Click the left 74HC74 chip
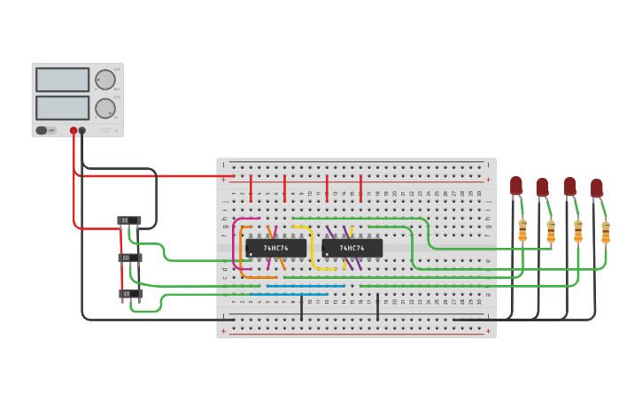[275, 248]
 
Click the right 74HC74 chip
[352, 248]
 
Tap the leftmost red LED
[516, 185]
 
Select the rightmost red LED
[597, 188]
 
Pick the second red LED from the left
[542, 188]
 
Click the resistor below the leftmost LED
[522, 230]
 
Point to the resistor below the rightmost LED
[606, 232]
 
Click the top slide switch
[129, 220]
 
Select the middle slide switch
[130, 258]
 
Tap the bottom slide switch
[130, 294]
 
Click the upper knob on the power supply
[105, 80]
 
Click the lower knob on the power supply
[105, 108]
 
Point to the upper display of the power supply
[62, 80]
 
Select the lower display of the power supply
[62, 108]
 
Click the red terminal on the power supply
[73, 130]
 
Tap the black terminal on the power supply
[82, 130]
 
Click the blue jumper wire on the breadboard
[301, 286]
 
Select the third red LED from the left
[570, 186]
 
